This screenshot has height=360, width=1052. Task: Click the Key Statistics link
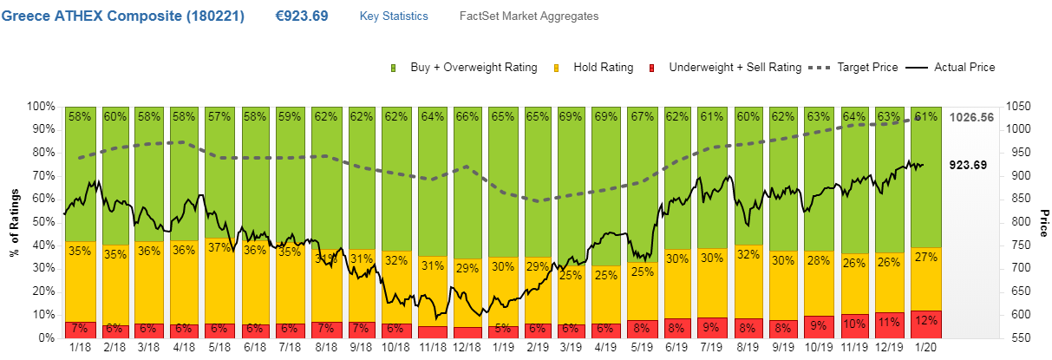(x=393, y=16)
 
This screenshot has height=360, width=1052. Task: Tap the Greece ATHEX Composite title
(x=122, y=16)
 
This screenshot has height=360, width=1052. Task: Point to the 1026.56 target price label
(x=970, y=117)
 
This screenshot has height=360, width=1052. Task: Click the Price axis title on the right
(x=1043, y=221)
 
